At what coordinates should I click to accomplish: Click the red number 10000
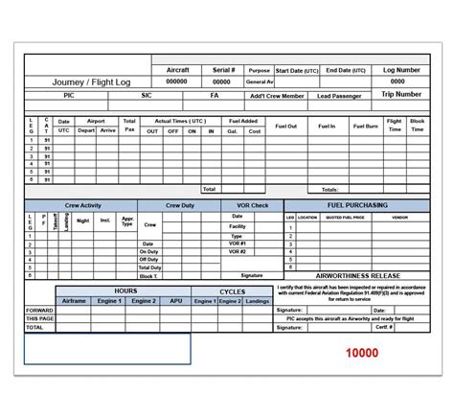[x=361, y=353]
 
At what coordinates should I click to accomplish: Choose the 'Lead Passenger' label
[x=340, y=96]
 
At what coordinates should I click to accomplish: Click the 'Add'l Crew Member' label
[x=278, y=96]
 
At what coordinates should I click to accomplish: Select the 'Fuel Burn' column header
[x=365, y=126]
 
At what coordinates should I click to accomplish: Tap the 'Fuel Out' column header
[x=285, y=126]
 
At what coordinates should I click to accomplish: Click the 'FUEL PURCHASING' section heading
[x=355, y=205]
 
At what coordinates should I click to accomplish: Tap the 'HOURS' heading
[x=125, y=290]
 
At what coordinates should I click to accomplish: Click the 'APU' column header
[x=175, y=301]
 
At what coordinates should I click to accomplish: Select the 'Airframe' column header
[x=76, y=301]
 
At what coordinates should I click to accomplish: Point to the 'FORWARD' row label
[x=39, y=311]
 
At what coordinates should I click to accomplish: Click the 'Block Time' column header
[x=417, y=126]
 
